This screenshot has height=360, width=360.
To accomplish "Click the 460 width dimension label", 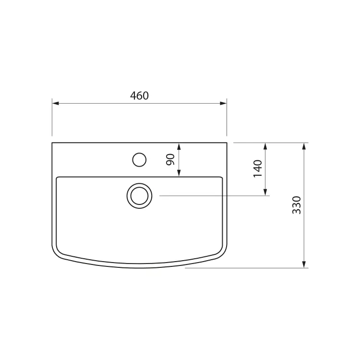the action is pyautogui.click(x=139, y=96).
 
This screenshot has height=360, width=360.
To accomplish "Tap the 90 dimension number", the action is pyautogui.click(x=170, y=159).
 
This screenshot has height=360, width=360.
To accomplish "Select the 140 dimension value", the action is pyautogui.click(x=258, y=168).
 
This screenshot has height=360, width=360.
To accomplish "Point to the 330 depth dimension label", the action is pyautogui.click(x=297, y=205).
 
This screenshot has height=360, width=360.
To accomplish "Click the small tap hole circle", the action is pyautogui.click(x=139, y=160).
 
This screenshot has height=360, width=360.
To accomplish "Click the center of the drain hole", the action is pyautogui.click(x=139, y=196).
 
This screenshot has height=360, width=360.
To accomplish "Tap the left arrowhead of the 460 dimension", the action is pyautogui.click(x=56, y=103).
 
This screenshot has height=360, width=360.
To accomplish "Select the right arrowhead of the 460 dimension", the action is pyautogui.click(x=223, y=103).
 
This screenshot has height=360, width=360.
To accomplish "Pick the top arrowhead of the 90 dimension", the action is pyautogui.click(x=179, y=146).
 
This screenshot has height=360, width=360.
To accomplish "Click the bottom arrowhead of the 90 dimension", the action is pyautogui.click(x=179, y=173).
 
